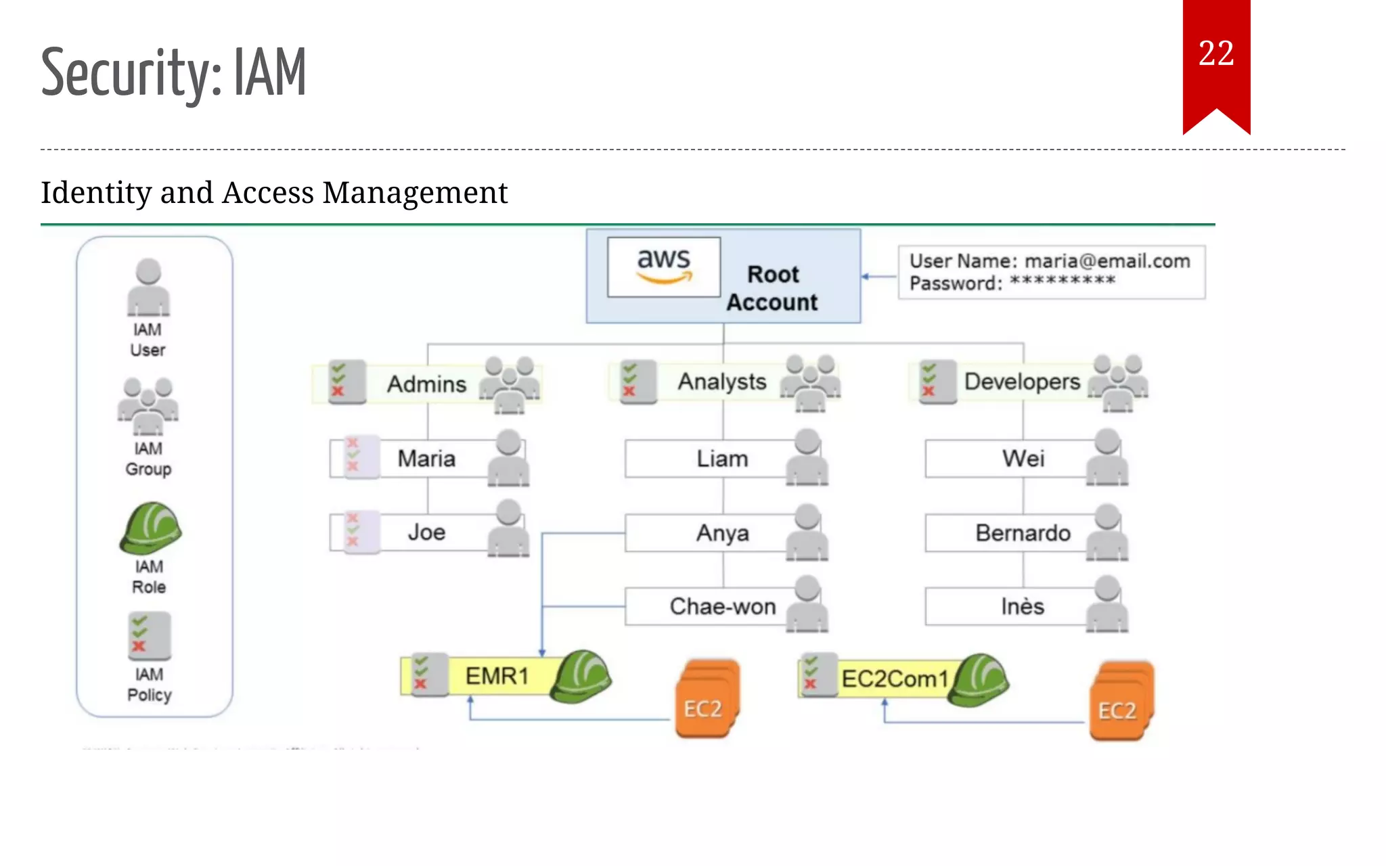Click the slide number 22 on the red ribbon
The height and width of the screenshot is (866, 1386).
(x=1216, y=53)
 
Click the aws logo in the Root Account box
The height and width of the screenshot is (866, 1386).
(x=663, y=266)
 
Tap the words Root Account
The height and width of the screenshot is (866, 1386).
(x=772, y=288)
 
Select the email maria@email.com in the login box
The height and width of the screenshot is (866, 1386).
(x=1106, y=261)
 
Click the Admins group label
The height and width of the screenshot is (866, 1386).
(x=426, y=384)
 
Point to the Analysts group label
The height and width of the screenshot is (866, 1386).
(x=722, y=382)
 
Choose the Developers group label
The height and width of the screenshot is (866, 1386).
(x=1022, y=382)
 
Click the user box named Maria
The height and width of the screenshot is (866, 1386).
(x=426, y=459)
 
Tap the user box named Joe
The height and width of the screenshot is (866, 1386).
(x=426, y=532)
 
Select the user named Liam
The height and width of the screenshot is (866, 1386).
(x=722, y=459)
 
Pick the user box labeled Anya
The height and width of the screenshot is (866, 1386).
(x=722, y=533)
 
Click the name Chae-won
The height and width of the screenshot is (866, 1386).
(x=722, y=606)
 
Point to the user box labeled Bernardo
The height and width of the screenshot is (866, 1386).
(x=1023, y=533)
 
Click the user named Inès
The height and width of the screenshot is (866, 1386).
(x=1022, y=606)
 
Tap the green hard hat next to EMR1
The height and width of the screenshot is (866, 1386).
(x=581, y=677)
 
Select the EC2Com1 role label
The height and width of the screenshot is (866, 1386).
(x=894, y=679)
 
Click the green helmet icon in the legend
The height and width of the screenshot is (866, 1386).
(x=150, y=528)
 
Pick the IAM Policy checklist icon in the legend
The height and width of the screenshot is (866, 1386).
(x=149, y=636)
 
